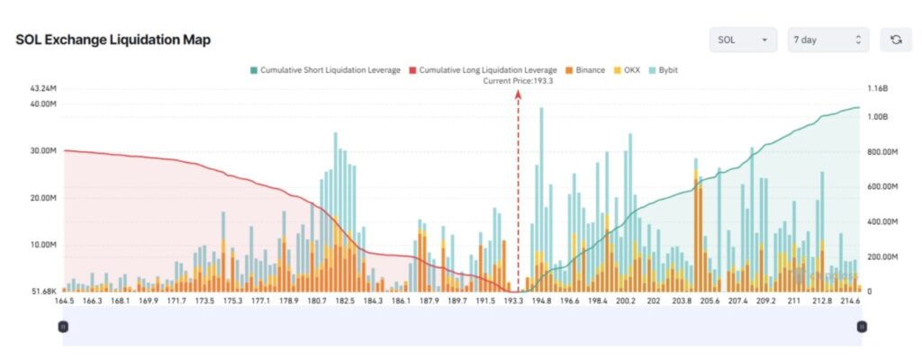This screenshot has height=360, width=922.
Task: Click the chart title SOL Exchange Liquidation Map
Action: tap(113, 40)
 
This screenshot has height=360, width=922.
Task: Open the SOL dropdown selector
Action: tap(743, 40)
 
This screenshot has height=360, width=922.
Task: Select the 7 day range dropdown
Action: tap(827, 40)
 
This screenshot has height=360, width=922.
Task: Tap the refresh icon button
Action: tap(896, 40)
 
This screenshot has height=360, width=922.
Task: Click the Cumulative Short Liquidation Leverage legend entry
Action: tap(325, 69)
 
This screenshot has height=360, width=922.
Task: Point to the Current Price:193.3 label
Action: tap(518, 80)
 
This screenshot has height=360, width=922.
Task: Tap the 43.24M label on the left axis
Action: tap(43, 88)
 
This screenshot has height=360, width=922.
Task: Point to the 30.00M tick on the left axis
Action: tap(43, 150)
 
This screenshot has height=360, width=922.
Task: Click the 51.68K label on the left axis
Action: tap(43, 292)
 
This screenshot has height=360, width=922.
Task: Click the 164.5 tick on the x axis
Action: tap(64, 301)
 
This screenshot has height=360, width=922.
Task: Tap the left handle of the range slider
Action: tap(63, 328)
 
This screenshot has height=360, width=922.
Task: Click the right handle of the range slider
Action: tap(862, 328)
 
